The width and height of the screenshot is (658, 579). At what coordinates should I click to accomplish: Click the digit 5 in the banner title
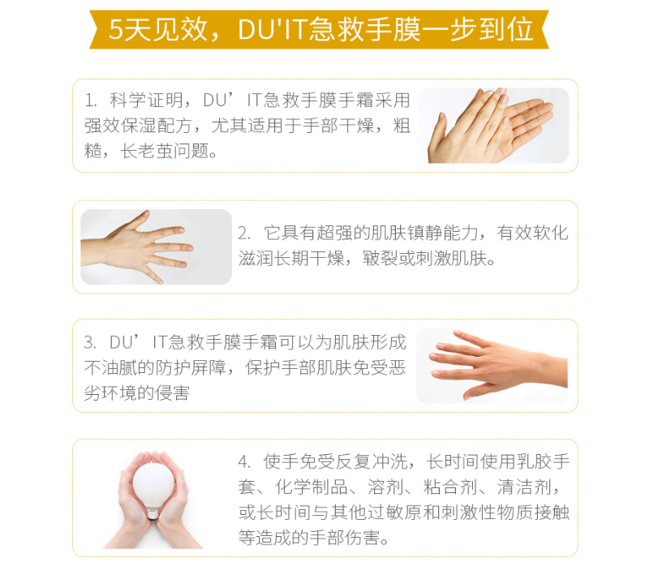click(x=116, y=29)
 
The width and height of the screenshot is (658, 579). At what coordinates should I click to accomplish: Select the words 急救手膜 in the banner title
click(x=363, y=29)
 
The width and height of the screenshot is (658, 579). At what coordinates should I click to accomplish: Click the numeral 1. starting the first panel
click(x=91, y=101)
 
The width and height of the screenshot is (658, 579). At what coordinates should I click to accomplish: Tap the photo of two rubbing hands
click(x=493, y=126)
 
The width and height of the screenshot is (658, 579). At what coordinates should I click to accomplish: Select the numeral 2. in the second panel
click(x=245, y=234)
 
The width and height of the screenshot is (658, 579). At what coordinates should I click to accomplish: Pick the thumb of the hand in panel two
click(x=140, y=219)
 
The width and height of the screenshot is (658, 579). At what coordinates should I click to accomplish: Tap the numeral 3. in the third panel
click(x=90, y=343)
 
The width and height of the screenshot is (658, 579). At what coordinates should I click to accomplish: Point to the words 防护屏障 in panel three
click(x=191, y=368)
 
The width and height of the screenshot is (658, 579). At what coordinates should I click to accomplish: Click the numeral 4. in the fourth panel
click(x=245, y=462)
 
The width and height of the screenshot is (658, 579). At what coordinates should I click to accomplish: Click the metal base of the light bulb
click(x=153, y=513)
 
